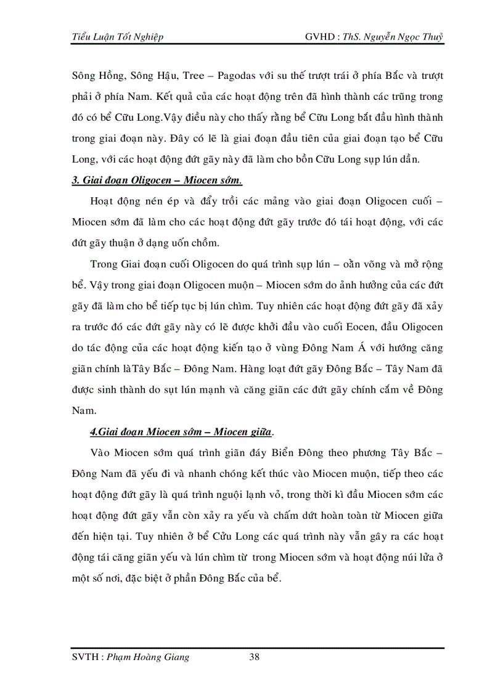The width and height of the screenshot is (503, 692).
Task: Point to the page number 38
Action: [x=254, y=657]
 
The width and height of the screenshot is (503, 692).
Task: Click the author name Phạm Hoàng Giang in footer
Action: [x=148, y=657]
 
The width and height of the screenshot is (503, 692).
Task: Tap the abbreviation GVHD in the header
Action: [x=320, y=36]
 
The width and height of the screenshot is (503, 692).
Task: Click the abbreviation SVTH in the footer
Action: [x=86, y=657]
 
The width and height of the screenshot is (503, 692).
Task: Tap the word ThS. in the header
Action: [x=358, y=36]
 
